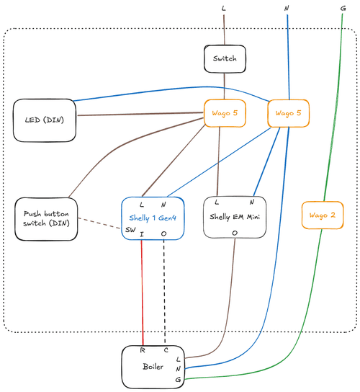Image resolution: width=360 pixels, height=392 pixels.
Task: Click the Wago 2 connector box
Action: coord(322,215)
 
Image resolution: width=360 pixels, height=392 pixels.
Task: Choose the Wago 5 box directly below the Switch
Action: coord(225,112)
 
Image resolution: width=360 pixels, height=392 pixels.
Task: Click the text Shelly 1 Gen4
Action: coord(153,217)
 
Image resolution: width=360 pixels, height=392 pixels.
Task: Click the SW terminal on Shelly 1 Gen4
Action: coord(130,229)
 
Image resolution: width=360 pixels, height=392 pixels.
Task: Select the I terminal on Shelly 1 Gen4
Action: coord(142,234)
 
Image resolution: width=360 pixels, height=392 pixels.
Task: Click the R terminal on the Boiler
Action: coord(143,351)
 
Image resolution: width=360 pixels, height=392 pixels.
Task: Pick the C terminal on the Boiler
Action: coord(166,351)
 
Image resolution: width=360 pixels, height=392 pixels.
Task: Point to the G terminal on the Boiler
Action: coord(179,378)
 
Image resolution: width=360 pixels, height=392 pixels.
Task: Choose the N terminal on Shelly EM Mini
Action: coord(253,202)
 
